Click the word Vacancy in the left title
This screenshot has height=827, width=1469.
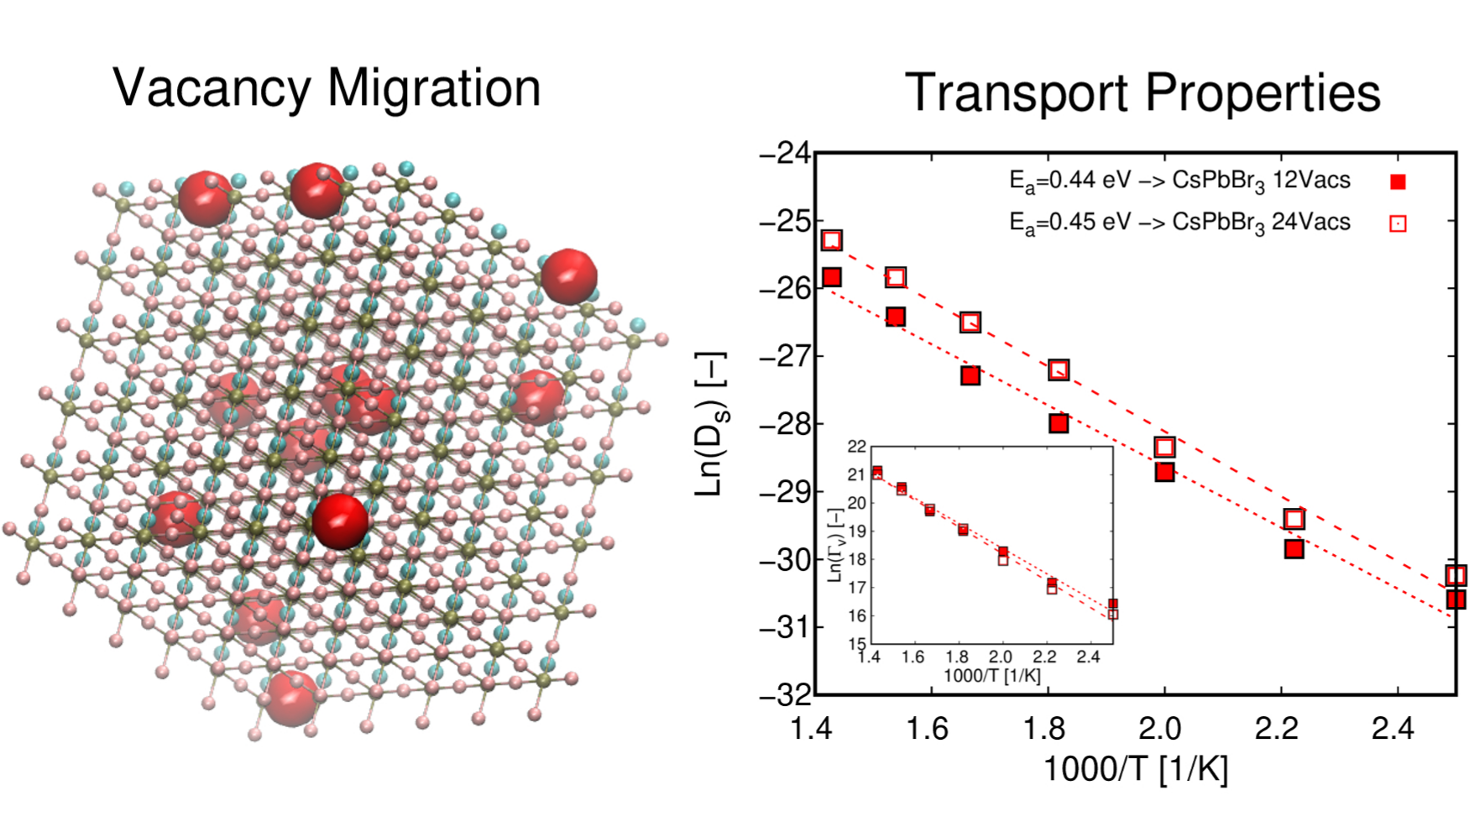coord(212,88)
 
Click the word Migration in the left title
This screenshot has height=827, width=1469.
coord(434,88)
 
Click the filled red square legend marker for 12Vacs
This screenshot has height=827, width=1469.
coord(1398,181)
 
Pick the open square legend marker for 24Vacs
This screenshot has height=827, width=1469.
coord(1398,223)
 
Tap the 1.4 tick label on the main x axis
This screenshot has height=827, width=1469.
coord(813,729)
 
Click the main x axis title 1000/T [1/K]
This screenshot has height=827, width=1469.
coord(1135,769)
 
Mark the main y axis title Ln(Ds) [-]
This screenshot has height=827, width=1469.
coord(710,424)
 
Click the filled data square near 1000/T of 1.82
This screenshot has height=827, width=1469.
coord(1059,423)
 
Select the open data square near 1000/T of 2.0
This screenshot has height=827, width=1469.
coord(1164,448)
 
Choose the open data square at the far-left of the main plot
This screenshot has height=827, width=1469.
coord(831,241)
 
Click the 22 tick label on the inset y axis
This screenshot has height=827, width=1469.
coord(856,447)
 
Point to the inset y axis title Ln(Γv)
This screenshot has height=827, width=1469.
coord(835,545)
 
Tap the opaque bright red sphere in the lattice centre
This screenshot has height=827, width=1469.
coord(340,521)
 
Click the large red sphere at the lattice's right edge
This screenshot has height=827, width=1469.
coord(569,275)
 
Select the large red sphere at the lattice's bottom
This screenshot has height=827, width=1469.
coord(290,697)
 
